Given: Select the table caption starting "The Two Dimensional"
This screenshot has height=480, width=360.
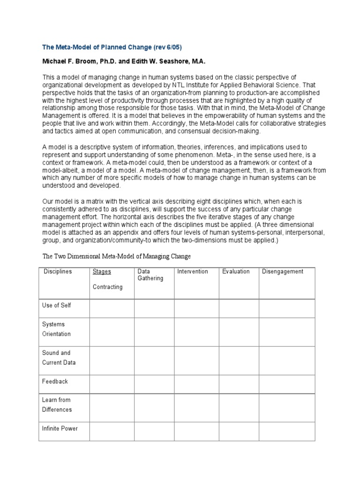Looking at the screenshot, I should click(x=117, y=256).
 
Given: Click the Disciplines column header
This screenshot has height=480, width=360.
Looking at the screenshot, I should click(x=58, y=271).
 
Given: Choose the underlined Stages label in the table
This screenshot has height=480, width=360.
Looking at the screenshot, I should click(x=102, y=271).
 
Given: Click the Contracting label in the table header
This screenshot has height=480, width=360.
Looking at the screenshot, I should click(x=107, y=287).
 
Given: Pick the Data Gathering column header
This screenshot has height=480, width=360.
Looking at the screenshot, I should click(x=150, y=275).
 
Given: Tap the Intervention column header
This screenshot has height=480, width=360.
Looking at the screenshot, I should click(x=193, y=271).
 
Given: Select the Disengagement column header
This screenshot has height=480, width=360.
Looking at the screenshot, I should click(x=283, y=271).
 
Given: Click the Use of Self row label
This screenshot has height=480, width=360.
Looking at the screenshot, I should click(x=57, y=305).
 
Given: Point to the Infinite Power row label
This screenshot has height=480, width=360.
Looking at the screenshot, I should click(x=60, y=428).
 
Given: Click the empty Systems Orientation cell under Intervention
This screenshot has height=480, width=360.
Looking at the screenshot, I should click(x=196, y=331).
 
